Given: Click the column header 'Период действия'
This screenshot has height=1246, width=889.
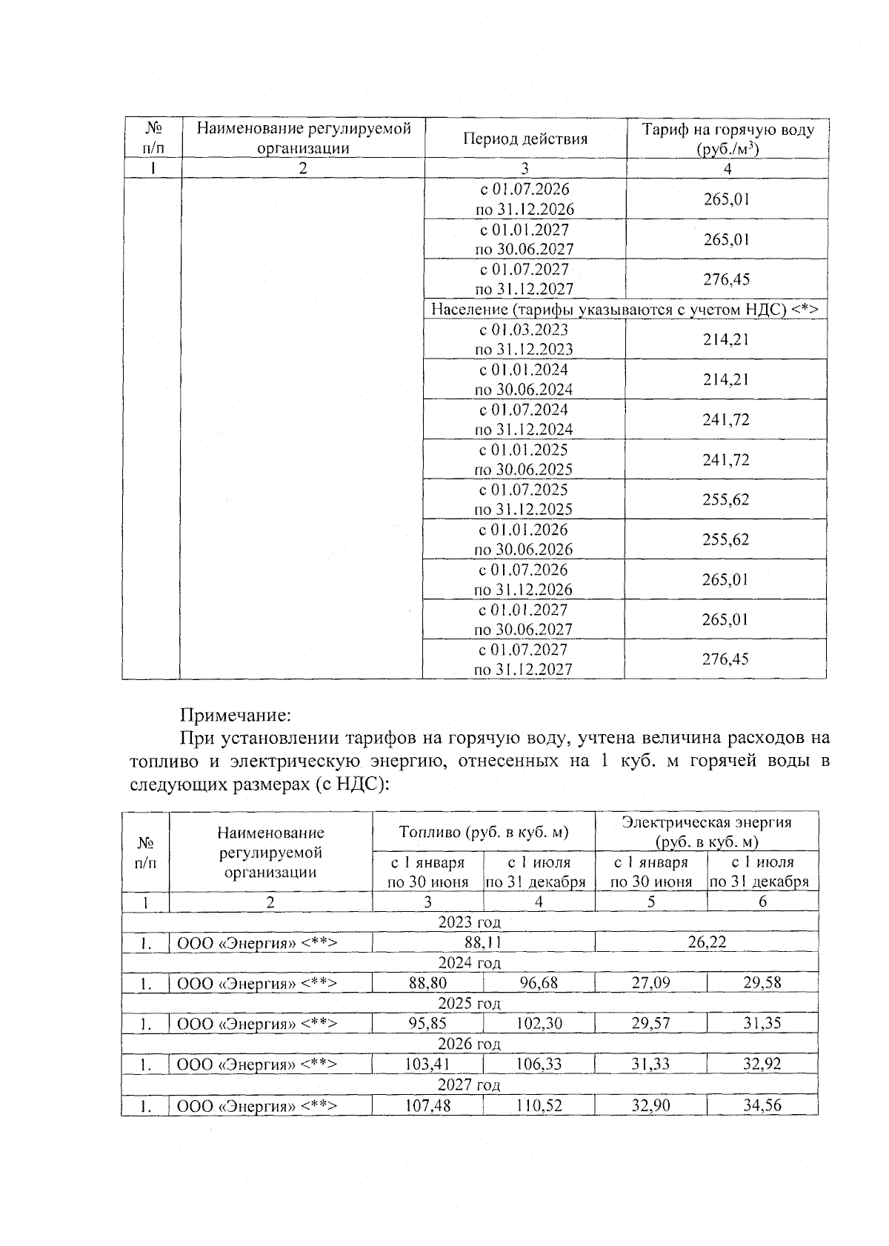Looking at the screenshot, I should (525, 139).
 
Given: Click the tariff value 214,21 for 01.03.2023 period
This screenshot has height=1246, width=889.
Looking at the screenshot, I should (725, 339).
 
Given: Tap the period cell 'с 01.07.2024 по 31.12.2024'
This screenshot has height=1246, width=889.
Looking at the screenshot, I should (524, 419).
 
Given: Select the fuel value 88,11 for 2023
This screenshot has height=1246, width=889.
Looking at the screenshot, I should (483, 942).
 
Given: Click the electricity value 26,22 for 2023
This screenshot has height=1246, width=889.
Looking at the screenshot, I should (706, 942).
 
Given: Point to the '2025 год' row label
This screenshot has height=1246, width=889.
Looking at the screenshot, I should (470, 1003).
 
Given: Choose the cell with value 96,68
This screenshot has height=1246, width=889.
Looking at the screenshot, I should (539, 983).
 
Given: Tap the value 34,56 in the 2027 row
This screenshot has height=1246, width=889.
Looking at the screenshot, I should (762, 1105).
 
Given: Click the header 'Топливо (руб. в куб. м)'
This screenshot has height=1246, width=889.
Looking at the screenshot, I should (483, 832).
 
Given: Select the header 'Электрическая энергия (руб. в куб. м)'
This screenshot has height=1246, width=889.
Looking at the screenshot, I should (706, 832).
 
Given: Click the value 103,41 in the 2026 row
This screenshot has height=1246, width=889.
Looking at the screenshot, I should (427, 1065).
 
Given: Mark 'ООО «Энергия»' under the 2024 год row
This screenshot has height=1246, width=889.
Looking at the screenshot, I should (257, 983).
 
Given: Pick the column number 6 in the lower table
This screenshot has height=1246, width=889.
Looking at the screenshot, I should (762, 902).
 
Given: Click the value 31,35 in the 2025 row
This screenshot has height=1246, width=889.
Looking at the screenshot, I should (762, 1024).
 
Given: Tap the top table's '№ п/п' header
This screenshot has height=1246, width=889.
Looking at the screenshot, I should (152, 139).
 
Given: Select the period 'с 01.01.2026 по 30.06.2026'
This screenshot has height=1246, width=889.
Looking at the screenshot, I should (524, 539).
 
